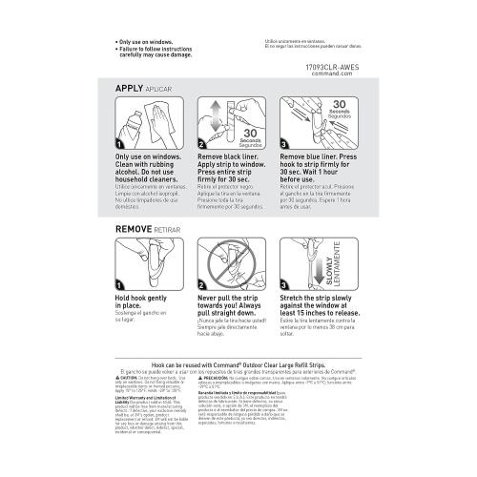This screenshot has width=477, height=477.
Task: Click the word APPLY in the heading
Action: click(x=129, y=87)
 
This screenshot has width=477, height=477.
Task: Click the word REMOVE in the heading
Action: click(x=135, y=231)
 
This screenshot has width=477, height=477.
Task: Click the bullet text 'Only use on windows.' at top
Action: click(x=153, y=43)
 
